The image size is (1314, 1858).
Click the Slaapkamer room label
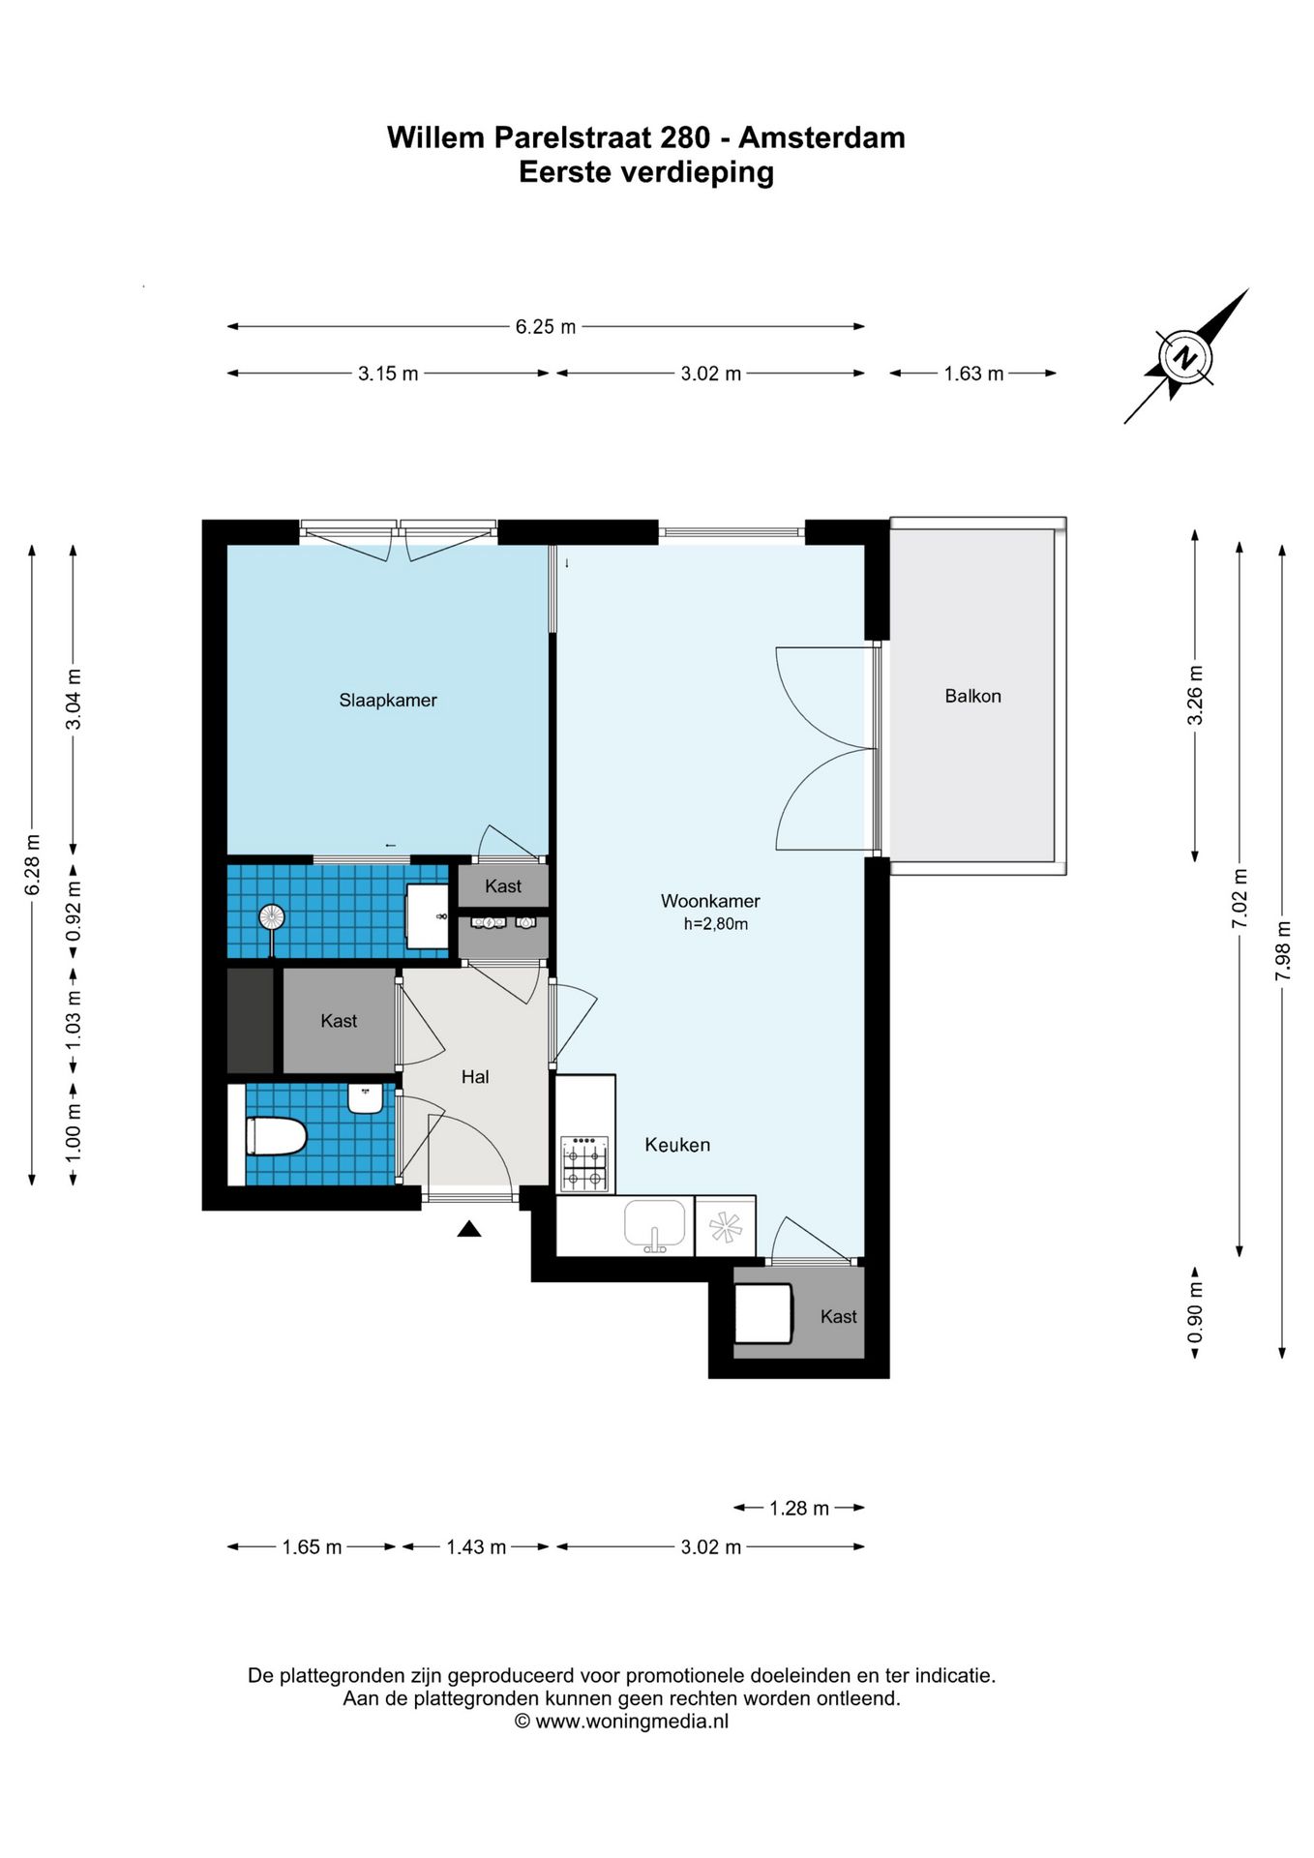[388, 700]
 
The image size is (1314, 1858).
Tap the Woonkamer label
[710, 901]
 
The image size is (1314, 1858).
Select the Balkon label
[972, 696]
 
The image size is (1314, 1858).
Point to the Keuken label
[677, 1145]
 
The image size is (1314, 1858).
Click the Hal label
[475, 1077]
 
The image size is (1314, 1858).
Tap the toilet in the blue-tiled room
[276, 1136]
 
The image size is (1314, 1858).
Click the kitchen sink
[655, 1227]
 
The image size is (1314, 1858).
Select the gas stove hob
[585, 1163]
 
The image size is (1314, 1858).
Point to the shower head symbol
[272, 915]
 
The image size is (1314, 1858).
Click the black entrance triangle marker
[469, 1229]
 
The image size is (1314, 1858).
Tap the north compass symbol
[1184, 357]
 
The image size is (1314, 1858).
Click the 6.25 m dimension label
[546, 327]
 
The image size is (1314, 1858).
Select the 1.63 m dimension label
[973, 374]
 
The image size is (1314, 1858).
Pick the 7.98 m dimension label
[1283, 948]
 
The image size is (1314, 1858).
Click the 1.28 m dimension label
[799, 1508]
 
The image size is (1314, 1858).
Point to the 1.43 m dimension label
[476, 1547]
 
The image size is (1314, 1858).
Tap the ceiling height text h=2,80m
[716, 924]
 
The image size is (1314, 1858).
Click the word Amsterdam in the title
[821, 137]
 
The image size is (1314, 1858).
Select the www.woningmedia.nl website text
[632, 1722]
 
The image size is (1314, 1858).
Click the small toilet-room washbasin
[366, 1098]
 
